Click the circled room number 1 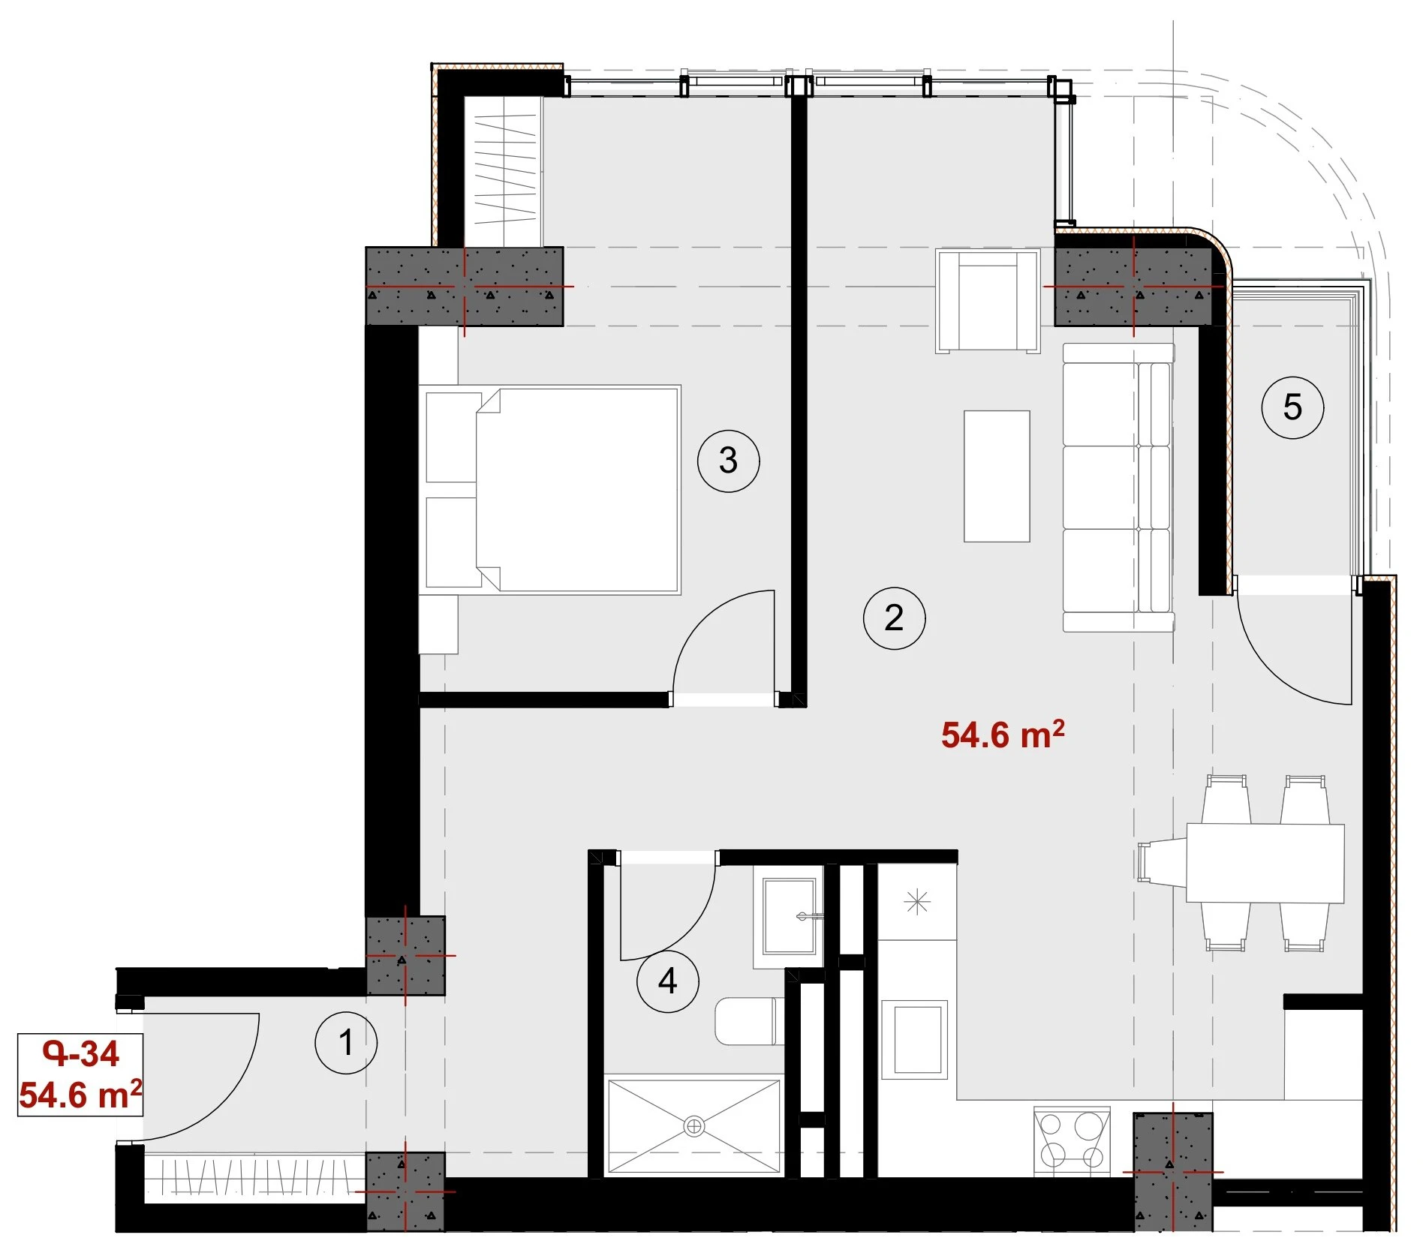tap(346, 1042)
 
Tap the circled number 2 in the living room tap(894, 617)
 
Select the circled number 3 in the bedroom tap(728, 461)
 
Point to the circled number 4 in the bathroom tap(667, 981)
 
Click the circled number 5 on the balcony tap(1292, 407)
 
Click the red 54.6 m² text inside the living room tap(1003, 735)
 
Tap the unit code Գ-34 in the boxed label tap(81, 1054)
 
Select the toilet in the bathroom tap(749, 1020)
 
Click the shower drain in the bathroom tap(694, 1126)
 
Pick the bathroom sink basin tap(790, 915)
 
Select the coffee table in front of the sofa tap(997, 476)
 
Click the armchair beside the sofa tap(988, 301)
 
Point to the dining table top tap(1265, 863)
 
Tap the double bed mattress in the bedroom tap(577, 490)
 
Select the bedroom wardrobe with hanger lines tap(503, 171)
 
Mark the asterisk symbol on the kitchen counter tap(917, 902)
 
